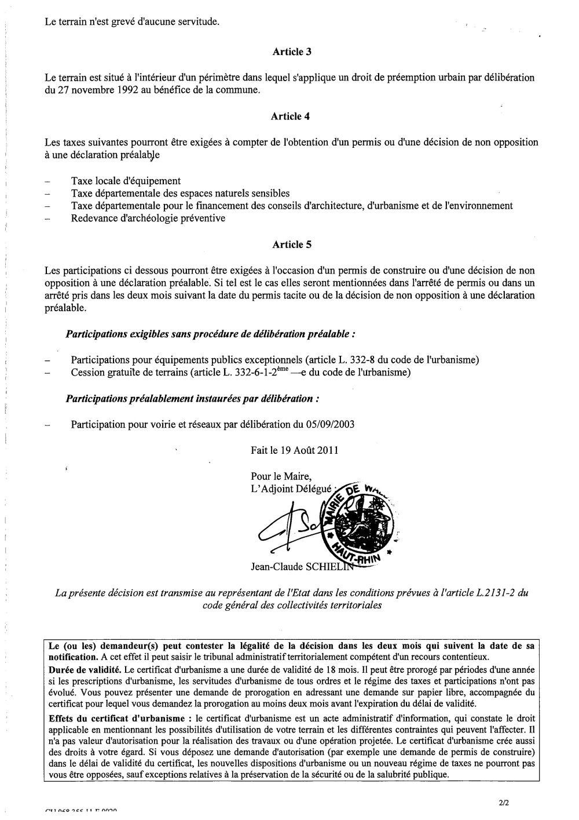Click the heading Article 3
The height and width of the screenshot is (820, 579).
(x=292, y=52)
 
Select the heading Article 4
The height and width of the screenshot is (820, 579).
(x=291, y=116)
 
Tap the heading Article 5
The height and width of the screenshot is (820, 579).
(x=292, y=244)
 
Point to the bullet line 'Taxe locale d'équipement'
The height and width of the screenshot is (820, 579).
(x=126, y=181)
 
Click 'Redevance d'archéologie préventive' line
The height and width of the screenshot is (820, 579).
(x=148, y=218)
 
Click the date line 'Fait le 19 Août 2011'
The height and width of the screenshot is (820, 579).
(x=295, y=450)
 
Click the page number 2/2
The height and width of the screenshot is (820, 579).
(x=502, y=803)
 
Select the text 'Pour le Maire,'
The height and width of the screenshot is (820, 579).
(x=277, y=476)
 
